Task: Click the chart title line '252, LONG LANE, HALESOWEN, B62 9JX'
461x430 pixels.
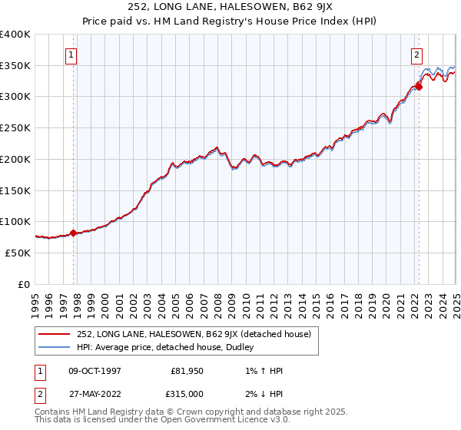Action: (x=230, y=8)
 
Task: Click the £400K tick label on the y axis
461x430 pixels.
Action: (x=15, y=35)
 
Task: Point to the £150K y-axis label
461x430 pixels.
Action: (x=15, y=190)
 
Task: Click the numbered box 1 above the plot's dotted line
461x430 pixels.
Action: (x=71, y=55)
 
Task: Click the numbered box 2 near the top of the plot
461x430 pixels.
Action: (x=416, y=55)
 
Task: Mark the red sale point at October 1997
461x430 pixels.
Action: (x=73, y=233)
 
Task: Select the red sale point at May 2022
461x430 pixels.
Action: (x=419, y=87)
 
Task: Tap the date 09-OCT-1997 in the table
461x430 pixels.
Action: (x=94, y=371)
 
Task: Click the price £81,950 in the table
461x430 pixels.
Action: (x=185, y=371)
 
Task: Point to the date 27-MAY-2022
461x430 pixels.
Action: (x=94, y=394)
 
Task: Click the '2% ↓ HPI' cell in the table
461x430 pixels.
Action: (x=260, y=394)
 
